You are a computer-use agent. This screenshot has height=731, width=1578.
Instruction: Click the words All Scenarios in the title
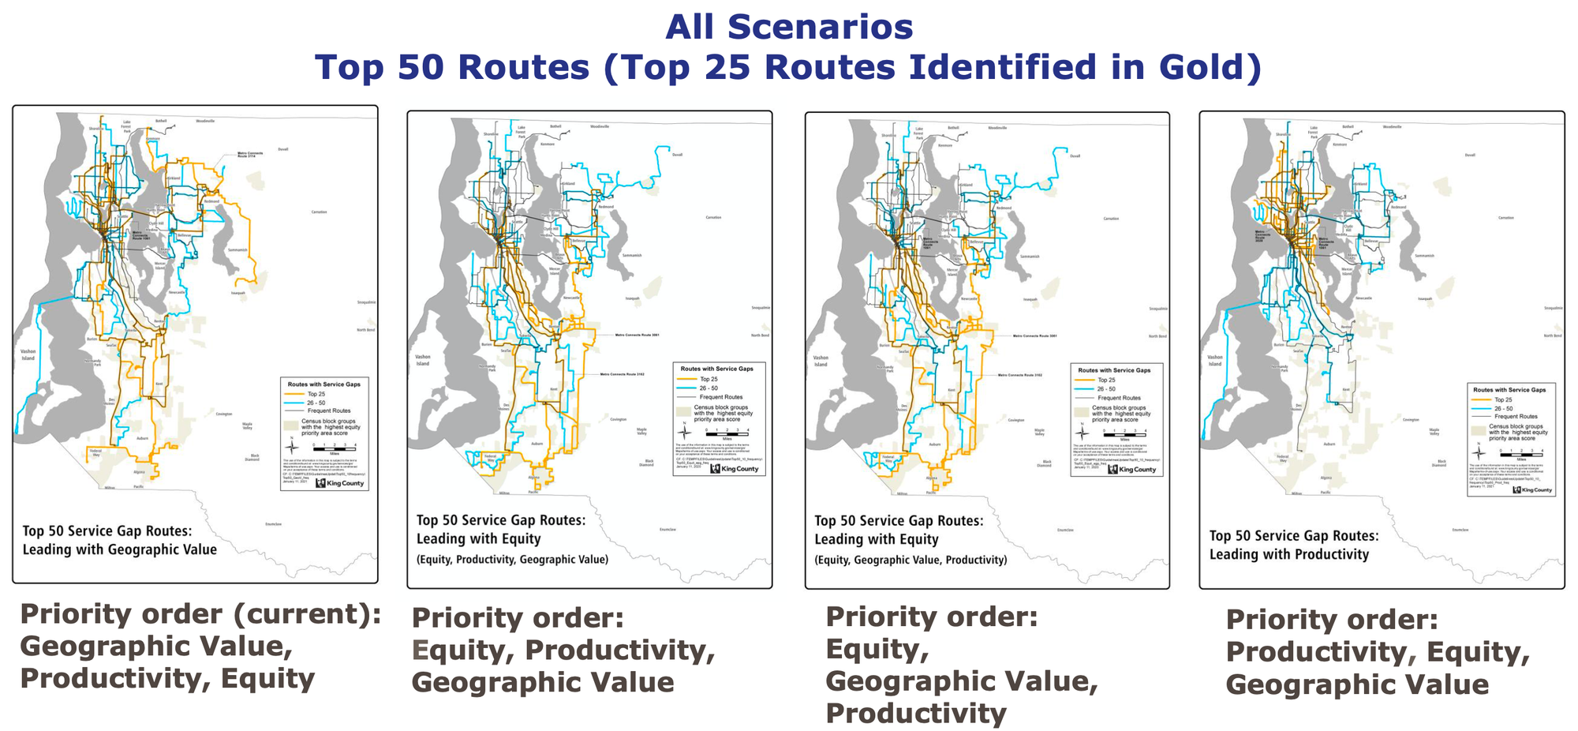[x=789, y=27]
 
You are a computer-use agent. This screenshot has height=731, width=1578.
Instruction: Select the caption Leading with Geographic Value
[x=119, y=549]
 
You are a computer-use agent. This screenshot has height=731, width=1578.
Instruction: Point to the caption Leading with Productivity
[x=1289, y=554]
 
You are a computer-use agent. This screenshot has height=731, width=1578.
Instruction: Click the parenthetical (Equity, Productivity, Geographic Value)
[x=512, y=560]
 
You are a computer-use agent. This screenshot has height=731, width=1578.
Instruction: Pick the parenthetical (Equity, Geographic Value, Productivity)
[x=911, y=560]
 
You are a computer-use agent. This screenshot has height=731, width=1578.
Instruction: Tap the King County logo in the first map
[x=340, y=483]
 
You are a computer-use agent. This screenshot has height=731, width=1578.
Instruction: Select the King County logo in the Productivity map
[x=1531, y=490]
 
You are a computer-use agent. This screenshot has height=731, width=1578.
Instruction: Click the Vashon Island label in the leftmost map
[x=28, y=354]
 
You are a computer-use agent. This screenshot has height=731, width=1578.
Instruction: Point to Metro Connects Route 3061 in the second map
[x=637, y=335]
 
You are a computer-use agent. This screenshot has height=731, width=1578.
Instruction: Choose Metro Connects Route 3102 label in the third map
[x=1020, y=375]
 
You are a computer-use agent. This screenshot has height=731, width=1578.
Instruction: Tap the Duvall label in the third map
[x=1075, y=156]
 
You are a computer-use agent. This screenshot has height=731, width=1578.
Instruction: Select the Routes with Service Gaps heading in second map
[x=716, y=369]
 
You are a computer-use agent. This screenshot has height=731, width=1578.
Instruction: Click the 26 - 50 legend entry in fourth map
[x=1503, y=408]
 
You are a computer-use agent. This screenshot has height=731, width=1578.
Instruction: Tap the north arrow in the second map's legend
[x=685, y=431]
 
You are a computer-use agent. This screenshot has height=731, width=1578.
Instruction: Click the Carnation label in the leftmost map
[x=318, y=212]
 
